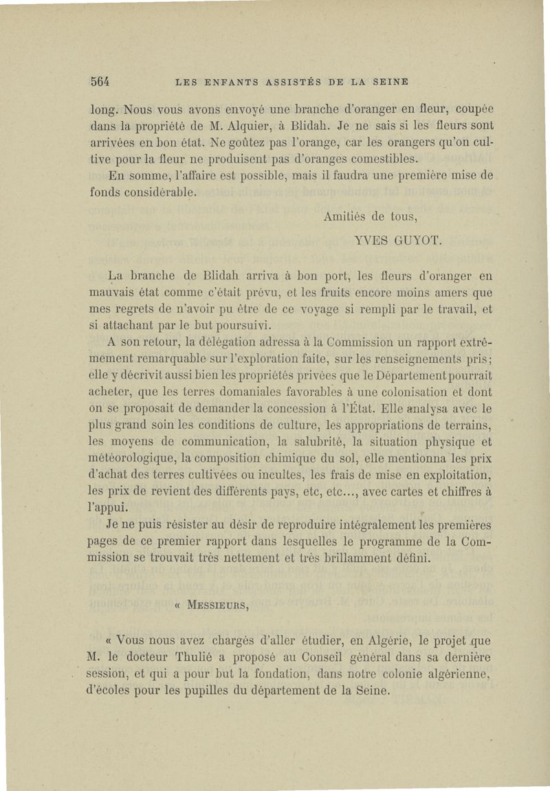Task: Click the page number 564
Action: click(x=100, y=81)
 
